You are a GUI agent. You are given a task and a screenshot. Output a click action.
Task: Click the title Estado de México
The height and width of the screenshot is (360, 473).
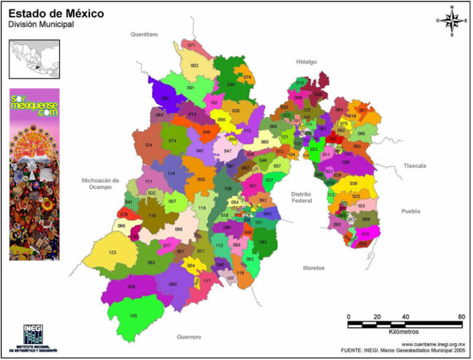click(56, 13)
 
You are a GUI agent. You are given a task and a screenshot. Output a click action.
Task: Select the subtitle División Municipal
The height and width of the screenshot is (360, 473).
click(41, 24)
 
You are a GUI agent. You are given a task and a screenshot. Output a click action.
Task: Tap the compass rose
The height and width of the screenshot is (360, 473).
click(451, 20)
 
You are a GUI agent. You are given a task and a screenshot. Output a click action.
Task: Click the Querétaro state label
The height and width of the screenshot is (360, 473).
click(144, 35)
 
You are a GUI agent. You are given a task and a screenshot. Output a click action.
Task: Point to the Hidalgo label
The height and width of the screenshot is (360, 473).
click(305, 62)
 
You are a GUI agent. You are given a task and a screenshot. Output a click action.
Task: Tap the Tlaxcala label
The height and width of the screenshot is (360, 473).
click(414, 165)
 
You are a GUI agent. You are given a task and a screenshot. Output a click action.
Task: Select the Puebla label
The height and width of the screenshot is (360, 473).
click(411, 211)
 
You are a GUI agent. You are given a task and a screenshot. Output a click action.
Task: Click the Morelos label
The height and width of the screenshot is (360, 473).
click(314, 268)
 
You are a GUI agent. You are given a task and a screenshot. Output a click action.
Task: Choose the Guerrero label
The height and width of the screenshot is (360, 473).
click(190, 337)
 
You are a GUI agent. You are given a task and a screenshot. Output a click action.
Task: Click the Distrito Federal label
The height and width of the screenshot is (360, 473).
click(302, 197)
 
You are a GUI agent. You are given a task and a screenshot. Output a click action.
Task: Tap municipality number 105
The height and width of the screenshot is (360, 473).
click(133, 316)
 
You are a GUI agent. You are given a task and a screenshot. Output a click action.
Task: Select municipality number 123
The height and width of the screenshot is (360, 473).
click(112, 253)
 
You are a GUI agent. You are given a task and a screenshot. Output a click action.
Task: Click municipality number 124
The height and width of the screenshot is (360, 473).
click(148, 145)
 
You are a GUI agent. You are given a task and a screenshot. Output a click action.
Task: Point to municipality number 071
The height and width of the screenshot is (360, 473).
click(192, 46)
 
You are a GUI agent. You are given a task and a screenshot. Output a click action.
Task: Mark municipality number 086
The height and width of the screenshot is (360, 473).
click(179, 229)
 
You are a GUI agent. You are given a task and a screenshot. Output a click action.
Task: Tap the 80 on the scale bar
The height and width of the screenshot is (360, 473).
click(461, 317)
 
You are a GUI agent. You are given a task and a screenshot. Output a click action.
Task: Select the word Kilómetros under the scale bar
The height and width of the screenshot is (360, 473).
click(404, 332)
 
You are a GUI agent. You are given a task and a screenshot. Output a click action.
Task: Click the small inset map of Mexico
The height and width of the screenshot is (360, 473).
click(34, 59)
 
